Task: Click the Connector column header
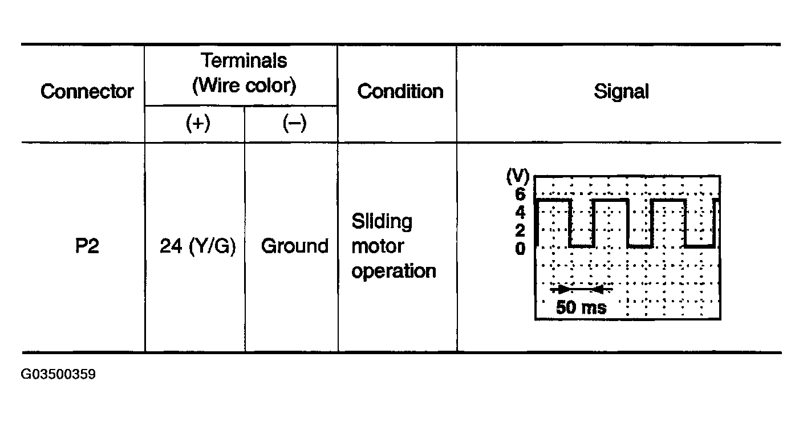(x=87, y=91)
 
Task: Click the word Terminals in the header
(x=244, y=60)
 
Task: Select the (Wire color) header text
(x=244, y=86)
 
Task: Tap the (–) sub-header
(x=294, y=124)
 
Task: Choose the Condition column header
(x=400, y=91)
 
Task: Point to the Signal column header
(x=621, y=91)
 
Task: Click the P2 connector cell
(x=87, y=246)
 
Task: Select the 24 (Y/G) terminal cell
(x=197, y=246)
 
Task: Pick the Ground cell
(x=295, y=246)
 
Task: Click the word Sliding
(x=382, y=221)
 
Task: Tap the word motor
(x=378, y=246)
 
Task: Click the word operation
(x=394, y=271)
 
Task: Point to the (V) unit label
(x=518, y=177)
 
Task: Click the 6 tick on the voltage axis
(x=520, y=194)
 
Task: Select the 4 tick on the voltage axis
(x=520, y=213)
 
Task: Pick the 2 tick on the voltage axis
(x=520, y=231)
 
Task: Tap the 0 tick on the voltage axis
(x=520, y=249)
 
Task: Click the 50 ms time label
(x=581, y=308)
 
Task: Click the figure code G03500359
(x=58, y=375)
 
